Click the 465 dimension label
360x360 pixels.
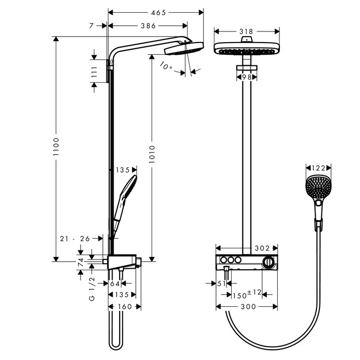coord(158,13)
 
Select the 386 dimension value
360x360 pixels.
coord(149,26)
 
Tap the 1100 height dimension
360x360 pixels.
coord(56,147)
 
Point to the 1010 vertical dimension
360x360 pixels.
coord(152,154)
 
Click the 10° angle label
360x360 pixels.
coord(166,66)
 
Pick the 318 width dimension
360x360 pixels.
coord(246,31)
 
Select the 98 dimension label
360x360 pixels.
coord(247,77)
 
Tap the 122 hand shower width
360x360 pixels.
coord(318,168)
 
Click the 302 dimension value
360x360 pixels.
coord(262,248)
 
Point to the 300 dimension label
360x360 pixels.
coord(248,307)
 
